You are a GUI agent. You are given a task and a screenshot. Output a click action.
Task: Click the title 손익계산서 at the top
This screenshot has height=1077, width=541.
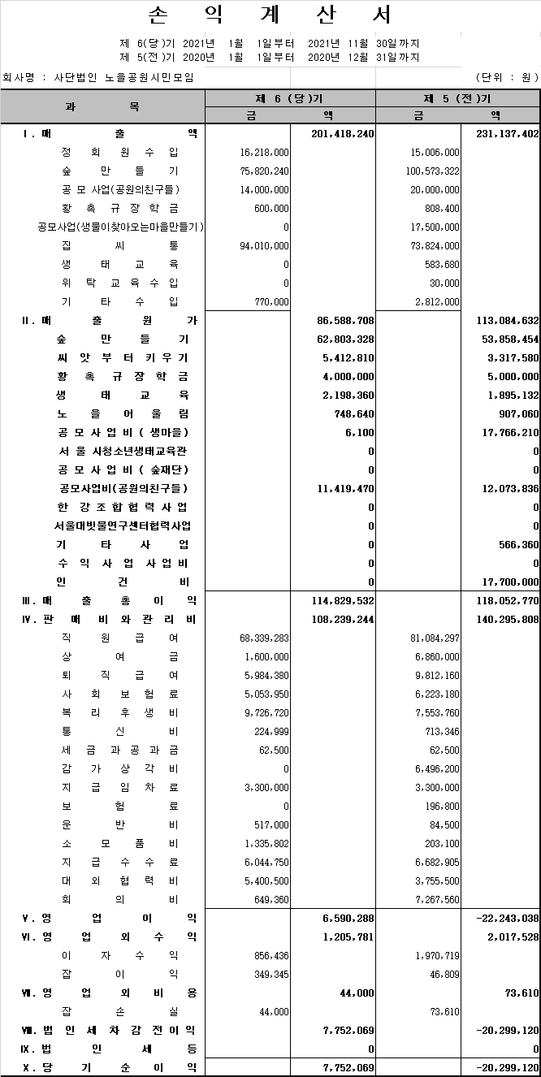click(270, 15)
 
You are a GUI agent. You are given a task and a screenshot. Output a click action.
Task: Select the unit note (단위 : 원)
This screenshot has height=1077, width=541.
click(507, 77)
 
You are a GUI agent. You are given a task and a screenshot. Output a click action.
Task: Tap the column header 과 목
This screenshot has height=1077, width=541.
click(102, 106)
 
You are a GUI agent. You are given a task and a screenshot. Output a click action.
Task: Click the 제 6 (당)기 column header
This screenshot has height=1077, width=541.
click(289, 98)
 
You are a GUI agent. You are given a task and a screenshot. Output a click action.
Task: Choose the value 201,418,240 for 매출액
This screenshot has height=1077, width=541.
click(342, 133)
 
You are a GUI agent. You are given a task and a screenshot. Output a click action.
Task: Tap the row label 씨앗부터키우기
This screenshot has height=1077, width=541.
click(123, 357)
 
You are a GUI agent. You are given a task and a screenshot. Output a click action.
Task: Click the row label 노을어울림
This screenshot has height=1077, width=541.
click(123, 413)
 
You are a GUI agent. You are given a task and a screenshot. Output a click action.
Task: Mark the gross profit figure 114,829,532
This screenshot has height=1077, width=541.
click(342, 600)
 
